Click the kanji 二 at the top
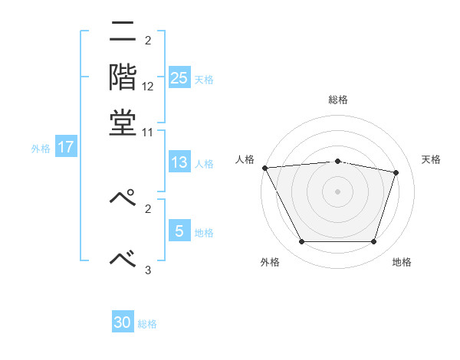(x=123, y=33)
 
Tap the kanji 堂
(x=123, y=122)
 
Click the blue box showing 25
(x=179, y=77)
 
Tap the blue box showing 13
(x=179, y=162)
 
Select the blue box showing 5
(x=179, y=231)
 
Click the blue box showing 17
(x=65, y=147)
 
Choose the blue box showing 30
(x=123, y=322)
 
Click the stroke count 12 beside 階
(x=148, y=87)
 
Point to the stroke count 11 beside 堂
(x=148, y=132)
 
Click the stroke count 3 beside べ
(x=148, y=269)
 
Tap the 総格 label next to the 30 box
(x=147, y=324)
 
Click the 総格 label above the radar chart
(x=338, y=100)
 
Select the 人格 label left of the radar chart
(x=245, y=159)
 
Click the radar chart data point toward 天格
(x=396, y=172)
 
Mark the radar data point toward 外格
(x=301, y=242)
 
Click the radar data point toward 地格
(x=373, y=242)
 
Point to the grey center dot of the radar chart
(x=337, y=191)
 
